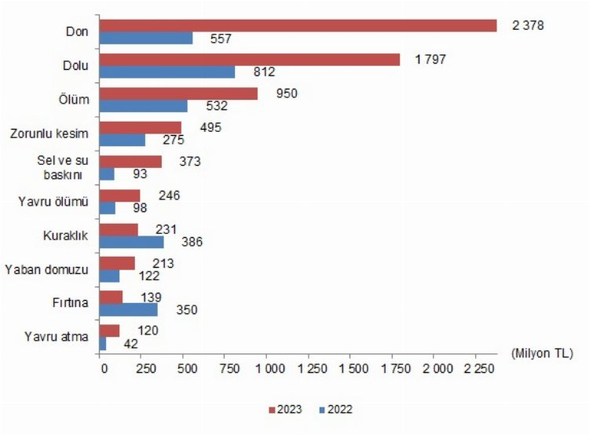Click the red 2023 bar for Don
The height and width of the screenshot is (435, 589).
click(x=298, y=25)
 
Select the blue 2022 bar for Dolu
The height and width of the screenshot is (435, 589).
click(x=168, y=71)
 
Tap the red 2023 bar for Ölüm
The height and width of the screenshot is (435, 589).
click(x=179, y=93)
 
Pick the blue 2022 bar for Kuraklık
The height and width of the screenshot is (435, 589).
click(x=131, y=241)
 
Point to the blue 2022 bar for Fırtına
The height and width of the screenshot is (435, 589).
click(x=129, y=309)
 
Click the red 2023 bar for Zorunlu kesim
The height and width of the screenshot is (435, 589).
click(x=141, y=127)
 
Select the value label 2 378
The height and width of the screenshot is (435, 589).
click(x=528, y=25)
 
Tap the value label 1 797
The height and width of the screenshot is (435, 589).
click(x=431, y=59)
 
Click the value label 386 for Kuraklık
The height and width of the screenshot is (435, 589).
click(x=192, y=242)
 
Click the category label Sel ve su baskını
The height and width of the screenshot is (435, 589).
click(x=60, y=167)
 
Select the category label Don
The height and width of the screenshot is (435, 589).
click(x=77, y=31)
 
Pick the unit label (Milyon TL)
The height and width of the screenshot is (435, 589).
click(x=542, y=353)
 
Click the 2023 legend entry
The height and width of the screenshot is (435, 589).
click(x=285, y=409)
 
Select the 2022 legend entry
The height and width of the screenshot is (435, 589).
click(x=335, y=409)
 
